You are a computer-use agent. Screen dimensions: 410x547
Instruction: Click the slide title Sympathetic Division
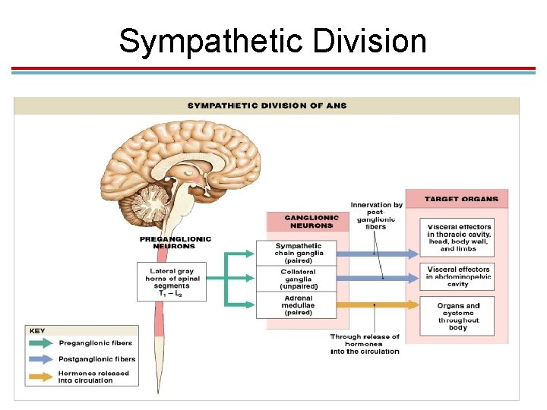point(273,41)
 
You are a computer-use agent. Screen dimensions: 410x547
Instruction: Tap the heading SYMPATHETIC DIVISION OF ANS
point(267,106)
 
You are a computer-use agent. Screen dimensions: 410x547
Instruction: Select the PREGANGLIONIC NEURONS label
point(175,242)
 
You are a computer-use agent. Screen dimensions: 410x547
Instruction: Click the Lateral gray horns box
point(172,281)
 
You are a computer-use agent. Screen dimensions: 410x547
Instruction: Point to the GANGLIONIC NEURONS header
point(311,221)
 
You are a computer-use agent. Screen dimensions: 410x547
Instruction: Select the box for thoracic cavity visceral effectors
point(459,238)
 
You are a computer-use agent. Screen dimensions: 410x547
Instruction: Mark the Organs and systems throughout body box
point(458,316)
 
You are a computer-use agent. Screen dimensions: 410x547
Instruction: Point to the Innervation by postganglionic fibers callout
point(376,215)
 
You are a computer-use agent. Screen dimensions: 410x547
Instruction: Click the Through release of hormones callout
point(365,344)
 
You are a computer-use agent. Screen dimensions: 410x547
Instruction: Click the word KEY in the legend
point(36,331)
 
